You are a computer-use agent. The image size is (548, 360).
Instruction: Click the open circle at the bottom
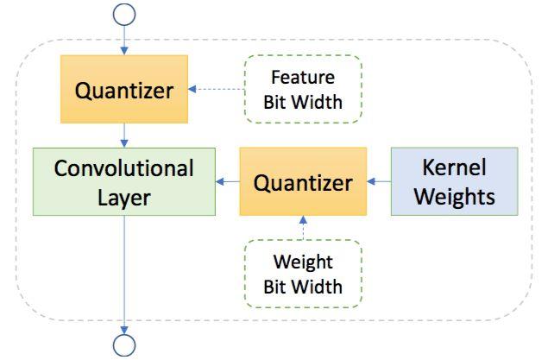(124, 336)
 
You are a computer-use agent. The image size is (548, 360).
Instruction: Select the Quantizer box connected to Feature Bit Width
(124, 89)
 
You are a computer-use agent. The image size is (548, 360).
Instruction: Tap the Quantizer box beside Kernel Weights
(303, 181)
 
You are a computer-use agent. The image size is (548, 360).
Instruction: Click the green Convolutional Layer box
(124, 181)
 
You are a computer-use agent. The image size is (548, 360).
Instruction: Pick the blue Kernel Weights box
(454, 181)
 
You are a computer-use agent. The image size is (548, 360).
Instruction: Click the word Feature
(303, 77)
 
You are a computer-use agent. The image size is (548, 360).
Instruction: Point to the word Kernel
(454, 167)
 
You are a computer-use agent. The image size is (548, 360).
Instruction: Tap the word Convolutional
(124, 168)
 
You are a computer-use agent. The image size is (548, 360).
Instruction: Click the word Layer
(124, 199)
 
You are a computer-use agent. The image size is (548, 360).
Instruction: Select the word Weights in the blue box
(454, 197)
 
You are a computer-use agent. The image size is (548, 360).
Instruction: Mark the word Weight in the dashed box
(303, 262)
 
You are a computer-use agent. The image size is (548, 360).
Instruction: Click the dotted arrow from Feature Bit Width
(217, 89)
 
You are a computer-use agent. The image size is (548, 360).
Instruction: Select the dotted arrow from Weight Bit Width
(303, 228)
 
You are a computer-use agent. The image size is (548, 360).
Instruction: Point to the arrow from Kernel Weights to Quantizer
(379, 181)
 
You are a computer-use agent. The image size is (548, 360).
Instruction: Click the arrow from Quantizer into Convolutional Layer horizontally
(228, 181)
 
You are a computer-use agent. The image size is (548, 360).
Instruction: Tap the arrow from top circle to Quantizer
(124, 41)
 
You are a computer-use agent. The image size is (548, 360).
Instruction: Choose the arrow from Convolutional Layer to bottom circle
(124, 275)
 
